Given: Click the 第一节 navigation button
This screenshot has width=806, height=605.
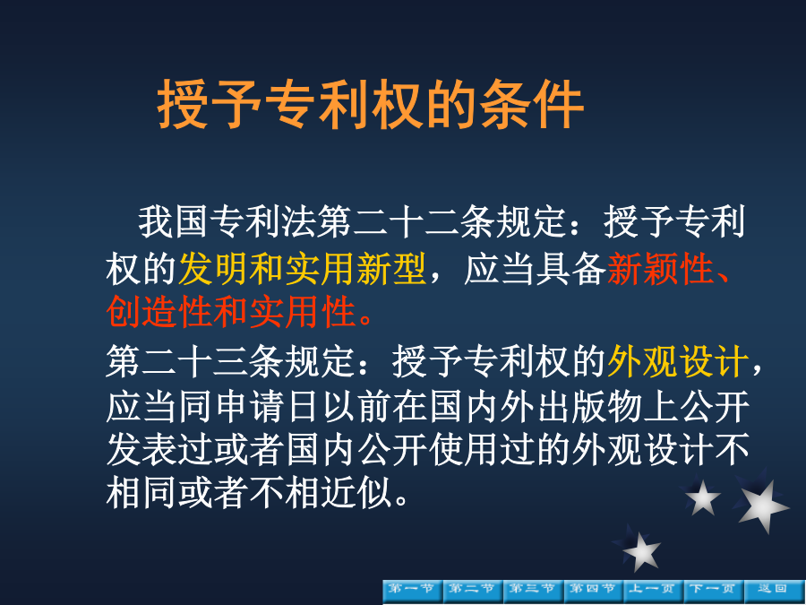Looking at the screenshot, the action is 413,591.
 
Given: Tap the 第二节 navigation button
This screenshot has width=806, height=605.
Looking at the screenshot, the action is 473,591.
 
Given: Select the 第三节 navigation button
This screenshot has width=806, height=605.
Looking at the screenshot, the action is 533,591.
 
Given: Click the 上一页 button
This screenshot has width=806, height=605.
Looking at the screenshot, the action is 654,591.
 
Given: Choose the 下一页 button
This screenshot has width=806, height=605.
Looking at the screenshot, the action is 714,591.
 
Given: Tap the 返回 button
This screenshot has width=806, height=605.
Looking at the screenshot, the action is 774,591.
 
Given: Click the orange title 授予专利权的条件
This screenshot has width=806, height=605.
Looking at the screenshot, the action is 371,105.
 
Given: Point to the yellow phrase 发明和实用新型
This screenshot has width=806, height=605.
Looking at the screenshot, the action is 303,269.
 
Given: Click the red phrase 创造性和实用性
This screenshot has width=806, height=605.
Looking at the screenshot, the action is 231,312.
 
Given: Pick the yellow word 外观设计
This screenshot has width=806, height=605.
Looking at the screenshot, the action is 678,361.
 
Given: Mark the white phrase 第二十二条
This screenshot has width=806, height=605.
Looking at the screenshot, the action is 406,222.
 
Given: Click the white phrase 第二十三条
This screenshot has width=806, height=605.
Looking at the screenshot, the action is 195,361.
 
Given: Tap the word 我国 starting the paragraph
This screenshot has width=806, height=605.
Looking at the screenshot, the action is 173,222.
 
